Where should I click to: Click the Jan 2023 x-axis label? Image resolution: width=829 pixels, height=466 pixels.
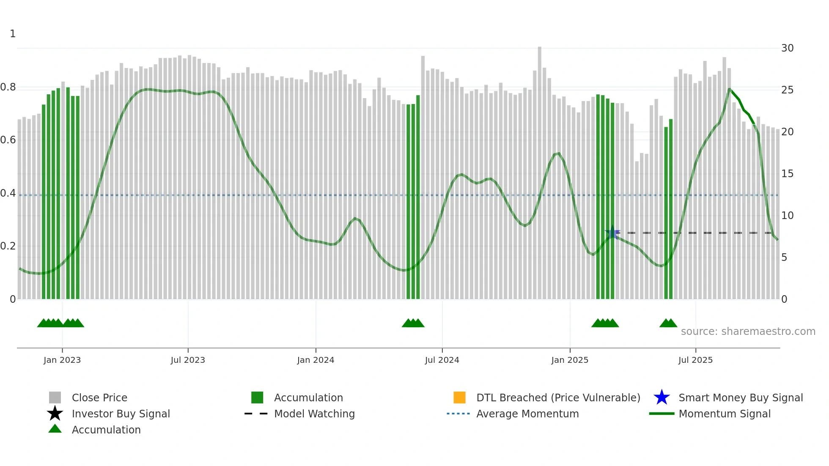click(x=62, y=360)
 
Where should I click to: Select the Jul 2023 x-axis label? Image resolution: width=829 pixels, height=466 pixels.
click(x=188, y=360)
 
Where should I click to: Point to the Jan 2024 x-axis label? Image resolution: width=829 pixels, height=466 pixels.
click(x=316, y=360)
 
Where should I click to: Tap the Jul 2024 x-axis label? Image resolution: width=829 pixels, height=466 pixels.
click(x=442, y=360)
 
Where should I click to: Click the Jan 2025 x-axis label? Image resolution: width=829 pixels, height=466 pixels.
click(x=570, y=360)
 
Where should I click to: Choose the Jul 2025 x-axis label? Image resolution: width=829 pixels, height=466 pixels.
click(x=695, y=360)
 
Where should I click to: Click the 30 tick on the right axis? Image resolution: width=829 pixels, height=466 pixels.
click(x=787, y=48)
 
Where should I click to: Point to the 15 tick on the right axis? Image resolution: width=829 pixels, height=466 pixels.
click(x=787, y=174)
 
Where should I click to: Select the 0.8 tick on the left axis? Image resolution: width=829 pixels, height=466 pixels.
click(x=8, y=87)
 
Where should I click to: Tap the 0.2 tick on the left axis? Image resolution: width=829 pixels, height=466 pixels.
click(x=8, y=246)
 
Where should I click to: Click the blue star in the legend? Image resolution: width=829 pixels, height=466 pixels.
click(x=662, y=397)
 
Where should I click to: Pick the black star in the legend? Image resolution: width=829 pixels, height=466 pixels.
click(x=55, y=414)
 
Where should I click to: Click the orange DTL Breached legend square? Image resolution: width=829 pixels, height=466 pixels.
click(x=459, y=397)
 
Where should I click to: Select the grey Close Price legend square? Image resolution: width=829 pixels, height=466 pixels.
click(x=55, y=397)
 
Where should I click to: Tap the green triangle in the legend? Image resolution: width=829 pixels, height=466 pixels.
click(x=55, y=429)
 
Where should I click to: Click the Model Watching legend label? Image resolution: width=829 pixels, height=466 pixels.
click(x=314, y=414)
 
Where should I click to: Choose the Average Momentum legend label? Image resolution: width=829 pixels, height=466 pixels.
click(x=527, y=414)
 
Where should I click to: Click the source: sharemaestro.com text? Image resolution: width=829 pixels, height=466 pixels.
click(x=748, y=332)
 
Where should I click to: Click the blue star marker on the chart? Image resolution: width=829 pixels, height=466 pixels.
click(x=612, y=233)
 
